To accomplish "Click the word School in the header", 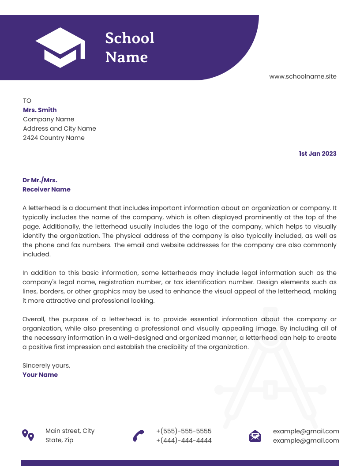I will [x=130, y=38].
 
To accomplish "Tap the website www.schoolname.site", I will [x=303, y=76].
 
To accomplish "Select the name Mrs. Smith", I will [x=40, y=110].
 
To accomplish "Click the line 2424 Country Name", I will [x=53, y=138].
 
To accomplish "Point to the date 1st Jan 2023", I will [x=317, y=154].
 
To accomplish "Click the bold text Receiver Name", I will [x=46, y=189].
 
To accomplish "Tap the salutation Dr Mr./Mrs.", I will [x=40, y=180].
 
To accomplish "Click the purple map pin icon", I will [x=28, y=435].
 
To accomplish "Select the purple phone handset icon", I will [x=139, y=436].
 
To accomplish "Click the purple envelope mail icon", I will [x=255, y=436].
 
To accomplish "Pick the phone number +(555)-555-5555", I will [x=184, y=431].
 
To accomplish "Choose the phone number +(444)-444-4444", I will [x=184, y=440].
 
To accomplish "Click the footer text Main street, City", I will [x=70, y=431].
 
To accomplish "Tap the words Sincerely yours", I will [x=46, y=365].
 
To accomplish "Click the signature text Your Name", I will [x=40, y=375].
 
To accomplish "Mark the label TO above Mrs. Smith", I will [x=27, y=101].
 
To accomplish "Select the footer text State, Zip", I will [x=59, y=440].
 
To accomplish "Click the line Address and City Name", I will [x=59, y=128].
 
